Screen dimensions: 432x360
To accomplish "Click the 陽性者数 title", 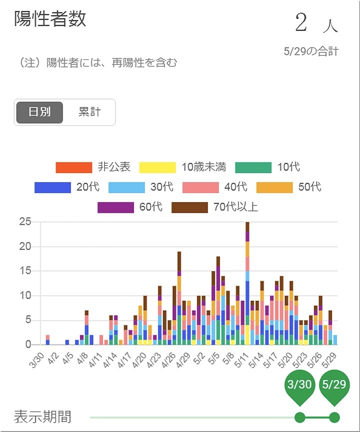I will pos(50,18).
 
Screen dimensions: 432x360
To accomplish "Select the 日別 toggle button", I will pos(39,112).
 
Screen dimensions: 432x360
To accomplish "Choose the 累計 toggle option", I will pos(89,112).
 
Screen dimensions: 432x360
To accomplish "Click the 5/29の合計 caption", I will pos(310,51).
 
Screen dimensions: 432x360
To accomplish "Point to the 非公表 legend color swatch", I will pos(73,167).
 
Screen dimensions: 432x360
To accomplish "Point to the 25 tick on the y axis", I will pos(25,222).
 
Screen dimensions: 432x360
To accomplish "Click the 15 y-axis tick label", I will pos(25,271).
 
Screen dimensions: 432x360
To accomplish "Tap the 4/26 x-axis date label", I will pos(169,360).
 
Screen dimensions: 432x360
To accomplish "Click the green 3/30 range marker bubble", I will pos(300,386).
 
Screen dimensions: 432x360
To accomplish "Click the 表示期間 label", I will pos(42,417).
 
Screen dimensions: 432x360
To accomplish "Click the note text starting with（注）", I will pos(97,63).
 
